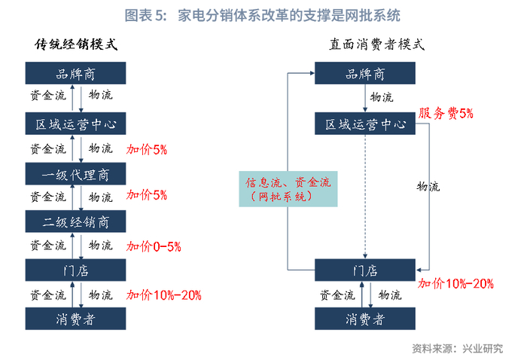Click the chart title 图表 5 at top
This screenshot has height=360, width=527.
click(263, 16)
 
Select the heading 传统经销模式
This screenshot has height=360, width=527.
click(76, 44)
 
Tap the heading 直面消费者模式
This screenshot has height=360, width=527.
click(376, 44)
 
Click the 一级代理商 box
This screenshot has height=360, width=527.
click(75, 174)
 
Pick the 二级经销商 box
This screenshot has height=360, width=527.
click(75, 221)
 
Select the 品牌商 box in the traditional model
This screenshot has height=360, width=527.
click(75, 73)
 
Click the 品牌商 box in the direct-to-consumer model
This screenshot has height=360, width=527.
click(365, 73)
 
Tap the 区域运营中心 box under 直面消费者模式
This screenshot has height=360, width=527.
click(365, 124)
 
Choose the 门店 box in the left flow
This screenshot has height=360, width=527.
click(75, 270)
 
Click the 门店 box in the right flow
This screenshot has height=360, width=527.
click(365, 270)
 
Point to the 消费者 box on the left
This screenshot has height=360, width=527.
click(75, 319)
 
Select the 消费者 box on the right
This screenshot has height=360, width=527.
click(365, 319)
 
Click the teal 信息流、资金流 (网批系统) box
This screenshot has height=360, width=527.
click(288, 189)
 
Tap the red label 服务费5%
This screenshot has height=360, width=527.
click(446, 114)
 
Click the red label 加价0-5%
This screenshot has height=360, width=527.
click(154, 246)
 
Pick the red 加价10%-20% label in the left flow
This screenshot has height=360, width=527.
click(163, 295)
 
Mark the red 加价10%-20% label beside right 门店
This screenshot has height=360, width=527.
click(455, 284)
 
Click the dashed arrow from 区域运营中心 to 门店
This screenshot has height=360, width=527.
click(365, 197)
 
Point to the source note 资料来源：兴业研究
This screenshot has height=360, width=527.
click(458, 349)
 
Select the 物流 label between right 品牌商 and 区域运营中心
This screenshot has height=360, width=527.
click(382, 97)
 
